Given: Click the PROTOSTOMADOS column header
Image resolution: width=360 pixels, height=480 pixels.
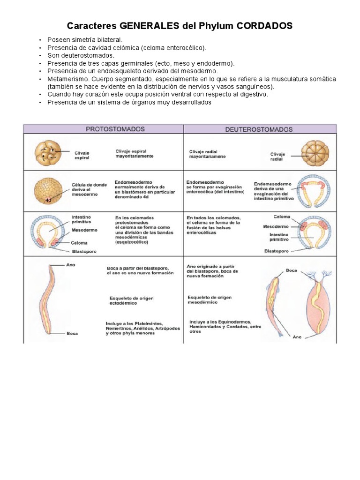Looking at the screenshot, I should (x=115, y=129).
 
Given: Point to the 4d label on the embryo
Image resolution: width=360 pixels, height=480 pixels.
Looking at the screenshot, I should (x=48, y=200).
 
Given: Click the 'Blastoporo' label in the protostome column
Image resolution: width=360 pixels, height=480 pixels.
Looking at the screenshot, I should (x=84, y=251).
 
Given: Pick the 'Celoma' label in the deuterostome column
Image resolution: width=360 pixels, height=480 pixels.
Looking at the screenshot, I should (x=283, y=217).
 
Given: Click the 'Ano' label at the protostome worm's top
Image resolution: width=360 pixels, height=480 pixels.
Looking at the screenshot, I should (x=71, y=264).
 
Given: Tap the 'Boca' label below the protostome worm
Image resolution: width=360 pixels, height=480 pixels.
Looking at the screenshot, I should (x=72, y=334).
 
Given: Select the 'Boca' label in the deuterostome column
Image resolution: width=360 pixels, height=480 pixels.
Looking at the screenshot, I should (x=292, y=270).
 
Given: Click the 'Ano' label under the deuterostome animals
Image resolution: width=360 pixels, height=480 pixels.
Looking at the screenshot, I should (x=297, y=337).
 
